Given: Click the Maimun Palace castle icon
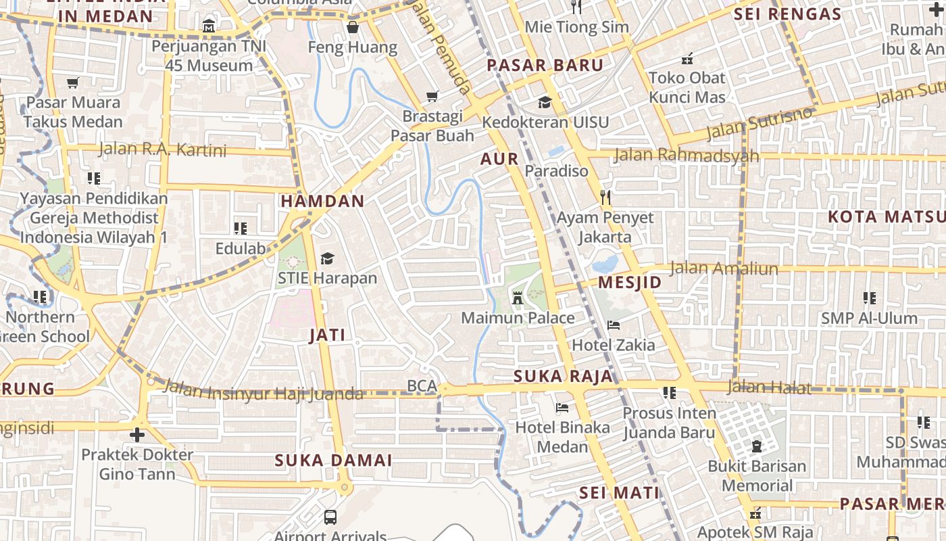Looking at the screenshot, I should click(518, 298).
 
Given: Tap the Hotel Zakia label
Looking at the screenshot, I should click(613, 345).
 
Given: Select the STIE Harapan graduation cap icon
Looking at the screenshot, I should click(327, 258).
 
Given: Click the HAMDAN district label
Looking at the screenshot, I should click(322, 201).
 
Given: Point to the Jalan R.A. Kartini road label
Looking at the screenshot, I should click(162, 149).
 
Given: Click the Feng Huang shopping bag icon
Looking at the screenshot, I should click(352, 28).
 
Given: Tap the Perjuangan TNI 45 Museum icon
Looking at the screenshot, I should click(209, 27).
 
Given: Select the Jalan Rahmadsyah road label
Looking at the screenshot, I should click(686, 156).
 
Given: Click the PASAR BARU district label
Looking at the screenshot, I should click(545, 66).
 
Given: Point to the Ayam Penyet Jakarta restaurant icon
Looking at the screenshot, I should click(605, 197).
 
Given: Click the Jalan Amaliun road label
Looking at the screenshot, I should click(723, 268).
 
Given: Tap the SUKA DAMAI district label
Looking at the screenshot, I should click(333, 461).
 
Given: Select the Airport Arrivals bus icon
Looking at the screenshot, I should click(330, 517).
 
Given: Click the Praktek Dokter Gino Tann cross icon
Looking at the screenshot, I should click(137, 434).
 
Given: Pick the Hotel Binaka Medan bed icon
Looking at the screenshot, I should click(562, 408).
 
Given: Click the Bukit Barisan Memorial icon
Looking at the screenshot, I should click(757, 446).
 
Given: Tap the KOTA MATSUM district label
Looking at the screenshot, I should click(886, 217).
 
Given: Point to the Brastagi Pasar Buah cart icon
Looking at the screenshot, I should click(432, 97).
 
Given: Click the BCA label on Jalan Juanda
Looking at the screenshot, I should click(422, 385).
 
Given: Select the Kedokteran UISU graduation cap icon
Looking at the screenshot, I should click(545, 102).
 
